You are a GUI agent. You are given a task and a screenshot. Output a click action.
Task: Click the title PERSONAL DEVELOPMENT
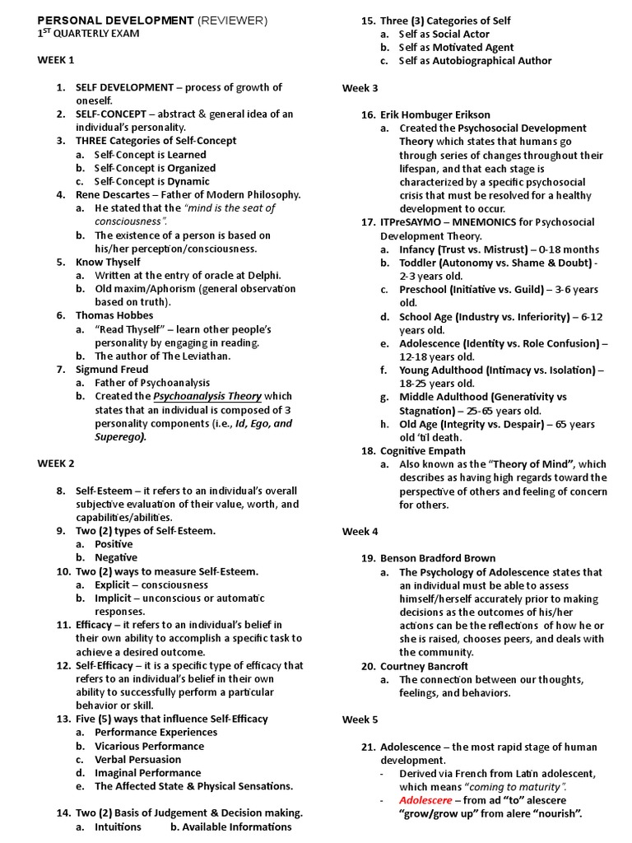click(114, 19)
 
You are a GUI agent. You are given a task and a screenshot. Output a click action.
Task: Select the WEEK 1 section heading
click(56, 60)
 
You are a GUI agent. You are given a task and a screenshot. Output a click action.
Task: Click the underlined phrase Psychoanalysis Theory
click(207, 396)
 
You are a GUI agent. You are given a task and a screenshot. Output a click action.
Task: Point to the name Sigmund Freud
click(112, 370)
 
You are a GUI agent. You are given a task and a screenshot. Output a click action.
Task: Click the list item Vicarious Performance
click(149, 746)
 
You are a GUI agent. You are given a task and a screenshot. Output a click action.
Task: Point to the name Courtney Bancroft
click(424, 666)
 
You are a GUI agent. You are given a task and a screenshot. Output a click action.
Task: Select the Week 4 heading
click(360, 532)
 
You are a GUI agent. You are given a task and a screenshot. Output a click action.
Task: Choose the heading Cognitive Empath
click(422, 450)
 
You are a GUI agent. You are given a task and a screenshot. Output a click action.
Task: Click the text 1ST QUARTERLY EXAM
click(89, 34)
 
